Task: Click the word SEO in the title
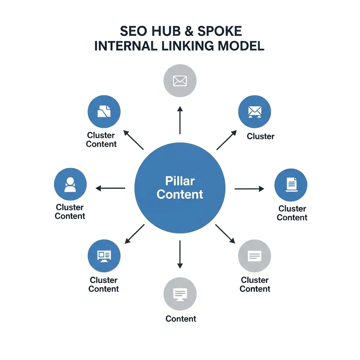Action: (x=133, y=31)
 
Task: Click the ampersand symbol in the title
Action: (x=189, y=31)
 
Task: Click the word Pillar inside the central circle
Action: (x=180, y=181)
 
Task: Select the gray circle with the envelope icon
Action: (x=180, y=81)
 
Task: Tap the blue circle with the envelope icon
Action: (x=255, y=111)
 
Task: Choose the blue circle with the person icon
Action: (x=70, y=184)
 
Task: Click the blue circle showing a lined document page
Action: (x=291, y=185)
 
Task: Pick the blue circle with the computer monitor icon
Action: (x=104, y=256)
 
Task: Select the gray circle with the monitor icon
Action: (x=180, y=294)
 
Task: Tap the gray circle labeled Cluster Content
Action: (x=255, y=256)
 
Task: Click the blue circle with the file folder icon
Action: (x=104, y=111)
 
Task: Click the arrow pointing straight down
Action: (x=180, y=255)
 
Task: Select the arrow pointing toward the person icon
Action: (x=110, y=188)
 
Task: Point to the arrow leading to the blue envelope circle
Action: (x=227, y=140)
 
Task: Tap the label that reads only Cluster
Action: (x=261, y=136)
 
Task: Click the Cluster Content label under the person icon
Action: (x=70, y=212)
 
